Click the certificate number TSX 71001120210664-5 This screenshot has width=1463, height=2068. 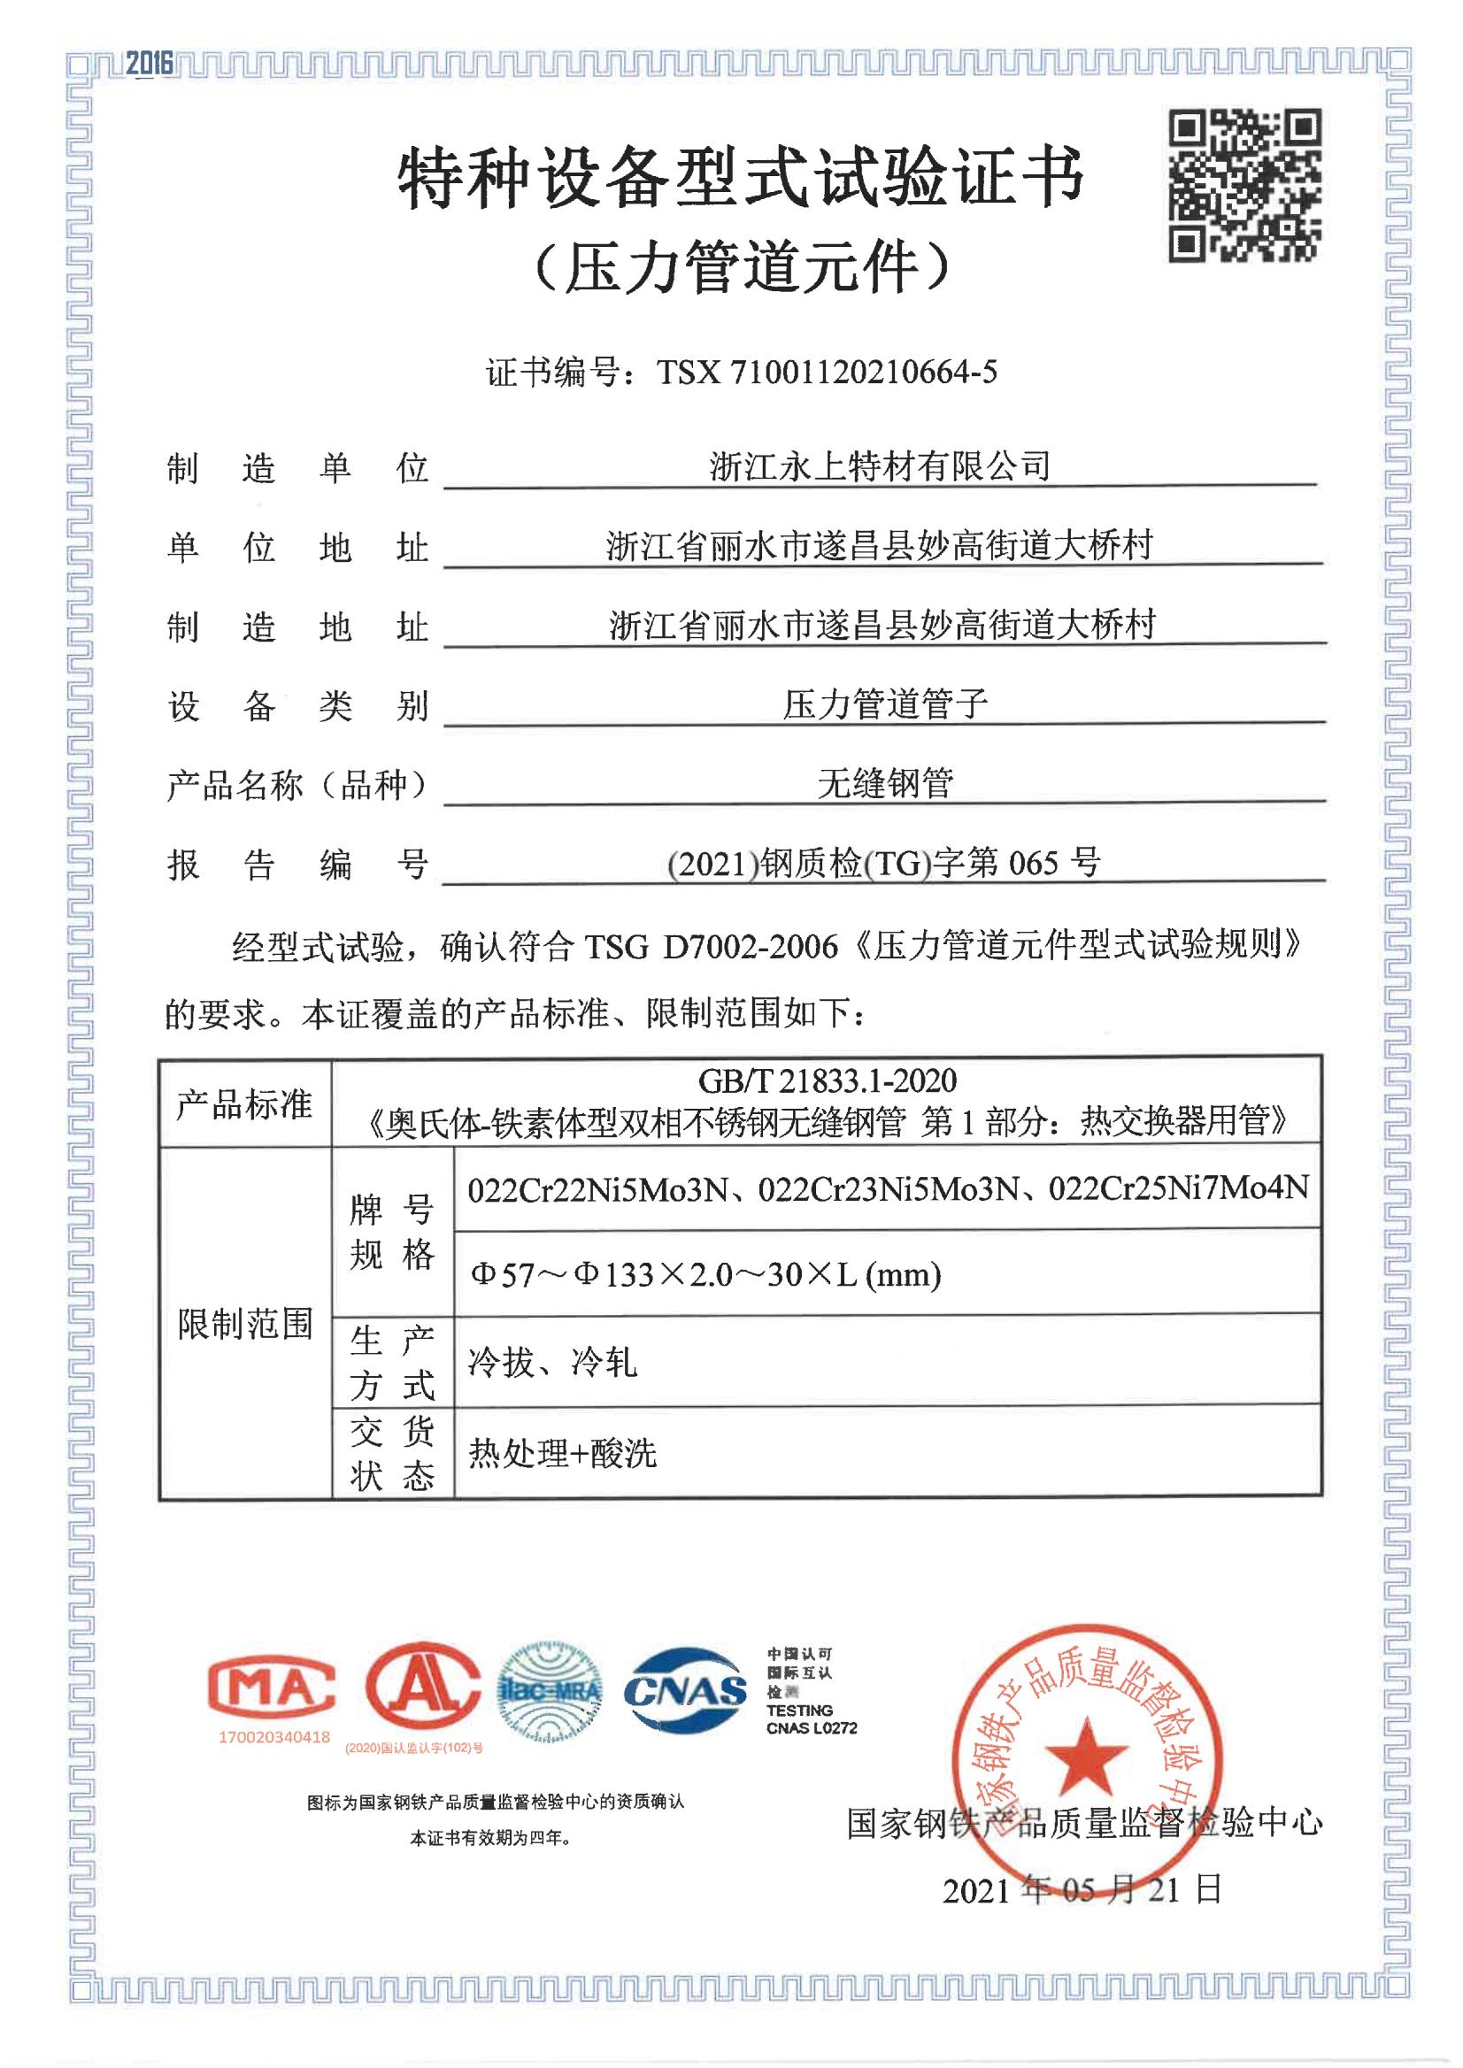click(x=826, y=372)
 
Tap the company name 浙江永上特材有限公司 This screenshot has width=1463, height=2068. click(x=879, y=465)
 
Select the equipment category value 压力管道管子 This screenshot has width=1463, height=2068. click(x=885, y=704)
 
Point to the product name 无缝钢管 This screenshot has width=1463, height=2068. click(x=885, y=784)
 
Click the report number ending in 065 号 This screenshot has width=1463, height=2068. click(x=883, y=864)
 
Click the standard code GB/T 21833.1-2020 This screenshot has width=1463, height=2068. click(x=827, y=1080)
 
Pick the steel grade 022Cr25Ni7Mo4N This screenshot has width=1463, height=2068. click(x=1178, y=1188)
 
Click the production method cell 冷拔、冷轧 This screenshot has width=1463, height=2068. click(x=552, y=1363)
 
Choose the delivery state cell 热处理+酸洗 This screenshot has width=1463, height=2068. click(x=562, y=1453)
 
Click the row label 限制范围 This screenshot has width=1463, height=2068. click(x=245, y=1324)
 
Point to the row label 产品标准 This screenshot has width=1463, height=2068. click(x=244, y=1103)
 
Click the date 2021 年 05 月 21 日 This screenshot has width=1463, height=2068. click(x=1082, y=1889)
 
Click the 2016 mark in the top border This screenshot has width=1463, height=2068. click(x=149, y=63)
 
